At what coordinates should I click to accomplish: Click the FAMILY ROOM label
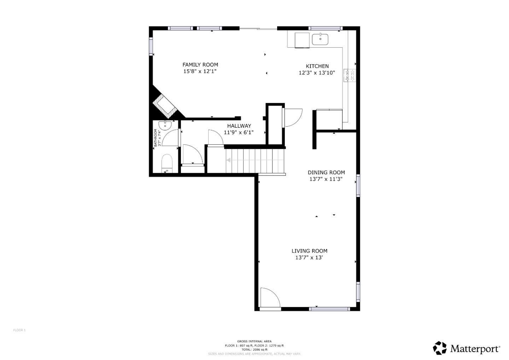[x=200, y=65]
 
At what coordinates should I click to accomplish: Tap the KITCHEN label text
[x=317, y=66]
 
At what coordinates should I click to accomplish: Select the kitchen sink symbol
[x=320, y=39]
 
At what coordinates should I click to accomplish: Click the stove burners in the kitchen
[x=350, y=75]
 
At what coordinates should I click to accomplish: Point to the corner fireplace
[x=164, y=105]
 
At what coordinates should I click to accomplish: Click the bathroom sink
[x=165, y=125]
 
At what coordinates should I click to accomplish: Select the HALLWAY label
[x=239, y=126]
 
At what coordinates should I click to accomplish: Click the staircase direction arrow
[x=229, y=160]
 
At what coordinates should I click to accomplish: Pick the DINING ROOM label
[x=326, y=173]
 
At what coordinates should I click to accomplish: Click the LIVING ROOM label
[x=309, y=251]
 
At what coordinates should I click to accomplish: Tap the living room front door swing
[x=269, y=297]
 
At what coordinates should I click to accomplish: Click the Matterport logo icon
[x=440, y=348]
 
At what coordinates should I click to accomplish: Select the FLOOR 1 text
[x=19, y=330]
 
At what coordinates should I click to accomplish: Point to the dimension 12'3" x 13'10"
[x=317, y=73]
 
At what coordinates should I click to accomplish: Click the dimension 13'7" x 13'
[x=309, y=258]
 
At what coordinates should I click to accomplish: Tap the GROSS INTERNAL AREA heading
[x=254, y=341]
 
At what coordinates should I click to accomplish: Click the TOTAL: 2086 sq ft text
[x=254, y=349]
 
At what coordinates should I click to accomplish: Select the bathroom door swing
[x=172, y=138]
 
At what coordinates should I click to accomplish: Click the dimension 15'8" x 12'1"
[x=200, y=71]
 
